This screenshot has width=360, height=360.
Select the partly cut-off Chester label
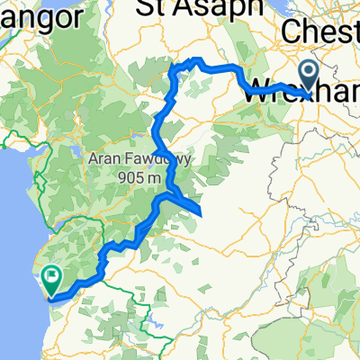click(320, 31)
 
